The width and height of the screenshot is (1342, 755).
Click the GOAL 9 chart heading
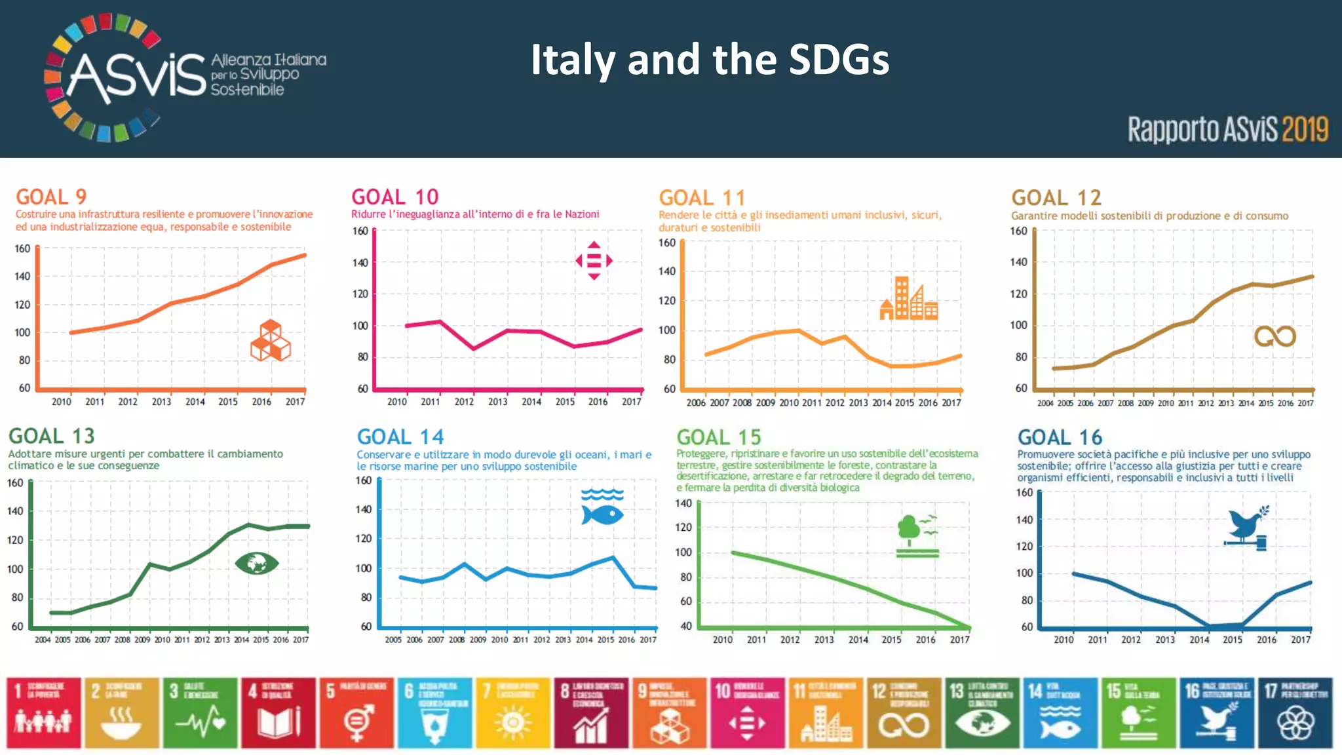click(x=51, y=197)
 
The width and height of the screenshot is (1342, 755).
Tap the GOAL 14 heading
click(x=400, y=436)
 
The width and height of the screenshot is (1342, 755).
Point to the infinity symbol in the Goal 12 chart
click(x=1275, y=336)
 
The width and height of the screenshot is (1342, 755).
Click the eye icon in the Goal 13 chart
click(x=256, y=563)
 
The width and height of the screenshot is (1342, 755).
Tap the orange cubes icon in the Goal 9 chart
click(x=270, y=340)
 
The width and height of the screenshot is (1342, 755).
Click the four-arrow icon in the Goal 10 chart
click(x=594, y=261)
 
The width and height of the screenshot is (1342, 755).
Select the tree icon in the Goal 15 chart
click(x=917, y=535)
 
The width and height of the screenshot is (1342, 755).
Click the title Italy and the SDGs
click(x=710, y=60)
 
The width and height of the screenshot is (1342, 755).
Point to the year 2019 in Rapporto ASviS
click(x=1305, y=129)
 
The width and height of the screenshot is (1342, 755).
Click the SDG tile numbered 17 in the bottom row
click(x=1295, y=712)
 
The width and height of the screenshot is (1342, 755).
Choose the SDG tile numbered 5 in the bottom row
click(x=356, y=712)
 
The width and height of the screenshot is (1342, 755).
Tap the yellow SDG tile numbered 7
click(x=513, y=712)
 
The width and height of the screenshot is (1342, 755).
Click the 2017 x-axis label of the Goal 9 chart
click(x=295, y=402)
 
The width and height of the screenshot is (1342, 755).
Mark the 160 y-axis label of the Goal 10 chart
click(x=360, y=231)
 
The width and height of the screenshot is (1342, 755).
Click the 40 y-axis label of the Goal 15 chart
click(x=685, y=626)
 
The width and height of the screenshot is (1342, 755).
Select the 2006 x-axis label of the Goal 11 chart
click(x=695, y=402)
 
